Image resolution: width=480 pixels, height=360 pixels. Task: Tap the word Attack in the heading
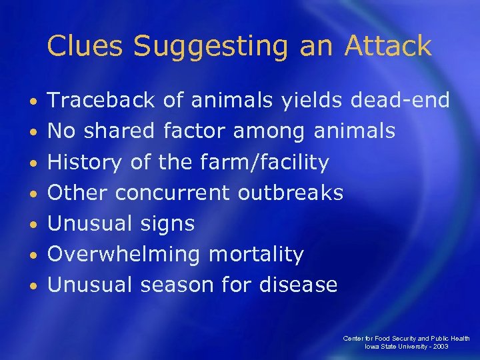(388, 46)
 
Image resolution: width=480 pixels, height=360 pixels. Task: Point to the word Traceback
(101, 101)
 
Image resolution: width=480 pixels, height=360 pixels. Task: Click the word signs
(167, 224)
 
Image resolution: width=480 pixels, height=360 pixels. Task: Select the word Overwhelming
(124, 255)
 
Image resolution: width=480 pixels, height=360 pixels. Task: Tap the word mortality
(255, 255)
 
